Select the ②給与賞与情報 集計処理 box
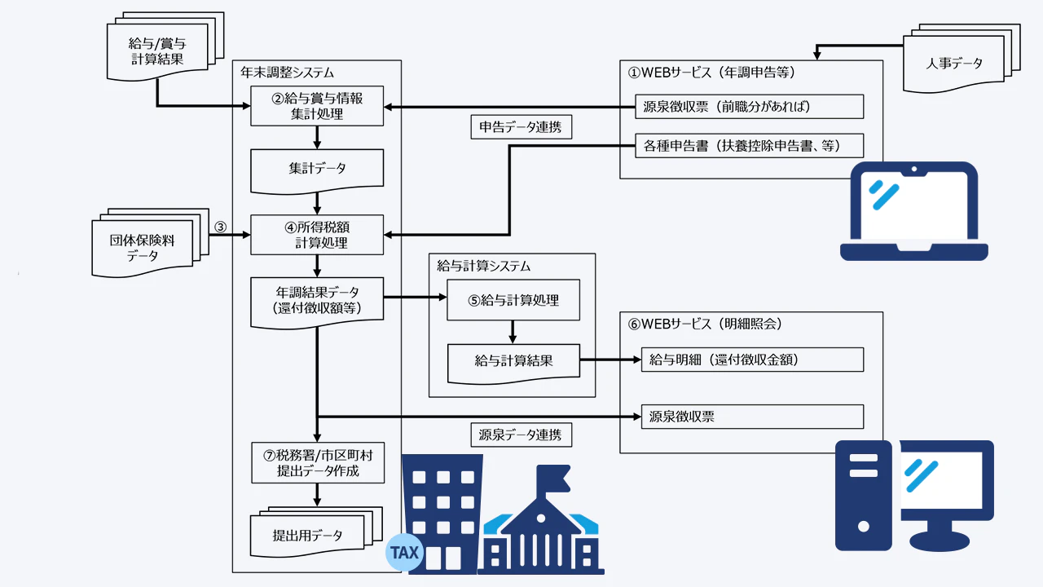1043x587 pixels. coord(317,106)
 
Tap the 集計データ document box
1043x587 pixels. coord(317,169)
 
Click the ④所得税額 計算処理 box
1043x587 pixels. coord(317,234)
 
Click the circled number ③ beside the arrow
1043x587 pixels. coord(219,226)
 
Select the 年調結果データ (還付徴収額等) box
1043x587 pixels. coord(317,298)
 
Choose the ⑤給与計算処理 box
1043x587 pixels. coord(513,299)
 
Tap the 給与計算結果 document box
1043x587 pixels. coord(513,360)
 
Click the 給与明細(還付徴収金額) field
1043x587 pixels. coord(751,360)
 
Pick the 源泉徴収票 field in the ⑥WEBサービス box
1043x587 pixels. coord(751,417)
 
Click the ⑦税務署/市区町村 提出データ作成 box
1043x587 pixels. coord(317,463)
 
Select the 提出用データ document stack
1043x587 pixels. coord(310,534)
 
